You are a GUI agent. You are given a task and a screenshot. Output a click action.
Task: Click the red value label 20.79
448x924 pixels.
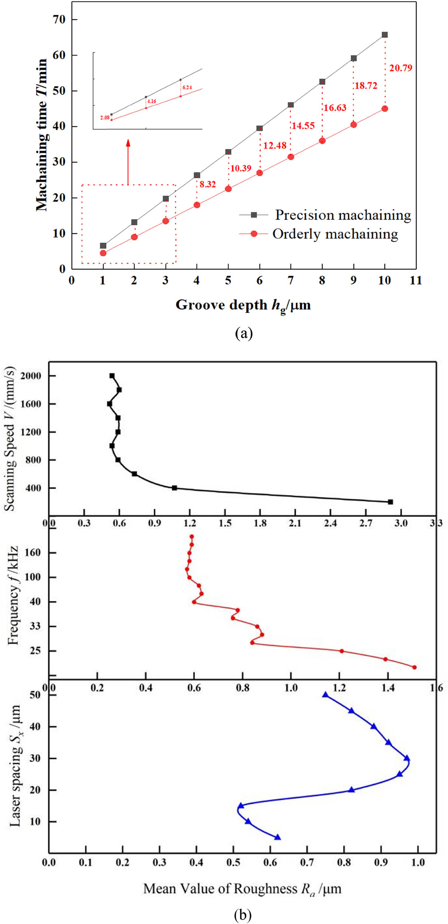click(x=400, y=68)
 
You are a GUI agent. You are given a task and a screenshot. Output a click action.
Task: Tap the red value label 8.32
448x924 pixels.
click(x=207, y=184)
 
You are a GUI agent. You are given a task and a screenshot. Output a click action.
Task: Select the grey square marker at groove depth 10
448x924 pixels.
click(x=385, y=35)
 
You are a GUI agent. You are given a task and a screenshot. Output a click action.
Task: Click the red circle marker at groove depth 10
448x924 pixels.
click(x=385, y=109)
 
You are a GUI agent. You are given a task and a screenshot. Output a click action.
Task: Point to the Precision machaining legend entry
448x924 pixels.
click(x=343, y=215)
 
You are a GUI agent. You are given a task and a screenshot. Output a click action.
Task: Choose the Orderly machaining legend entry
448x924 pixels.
click(x=335, y=234)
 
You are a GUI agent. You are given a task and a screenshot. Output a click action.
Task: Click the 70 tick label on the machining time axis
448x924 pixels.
click(x=59, y=19)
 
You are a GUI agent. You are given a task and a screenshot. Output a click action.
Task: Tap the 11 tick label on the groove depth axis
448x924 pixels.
click(x=416, y=281)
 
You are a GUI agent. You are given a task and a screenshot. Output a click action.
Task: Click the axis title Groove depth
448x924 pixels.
click(x=243, y=305)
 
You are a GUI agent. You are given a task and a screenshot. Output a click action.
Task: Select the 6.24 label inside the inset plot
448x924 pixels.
click(x=187, y=88)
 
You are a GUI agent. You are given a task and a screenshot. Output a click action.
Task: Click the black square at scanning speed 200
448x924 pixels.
click(x=390, y=502)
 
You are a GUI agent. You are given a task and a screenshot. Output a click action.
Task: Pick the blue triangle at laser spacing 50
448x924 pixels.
click(x=325, y=695)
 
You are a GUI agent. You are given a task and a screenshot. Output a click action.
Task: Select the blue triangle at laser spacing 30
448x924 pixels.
click(x=407, y=758)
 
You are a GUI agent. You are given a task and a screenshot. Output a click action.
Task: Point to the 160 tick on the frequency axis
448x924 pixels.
click(x=32, y=553)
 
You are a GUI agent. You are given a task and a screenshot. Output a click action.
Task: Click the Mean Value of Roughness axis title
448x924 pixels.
click(x=242, y=889)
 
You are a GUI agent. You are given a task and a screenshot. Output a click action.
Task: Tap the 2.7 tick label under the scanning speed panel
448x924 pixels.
click(x=366, y=523)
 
